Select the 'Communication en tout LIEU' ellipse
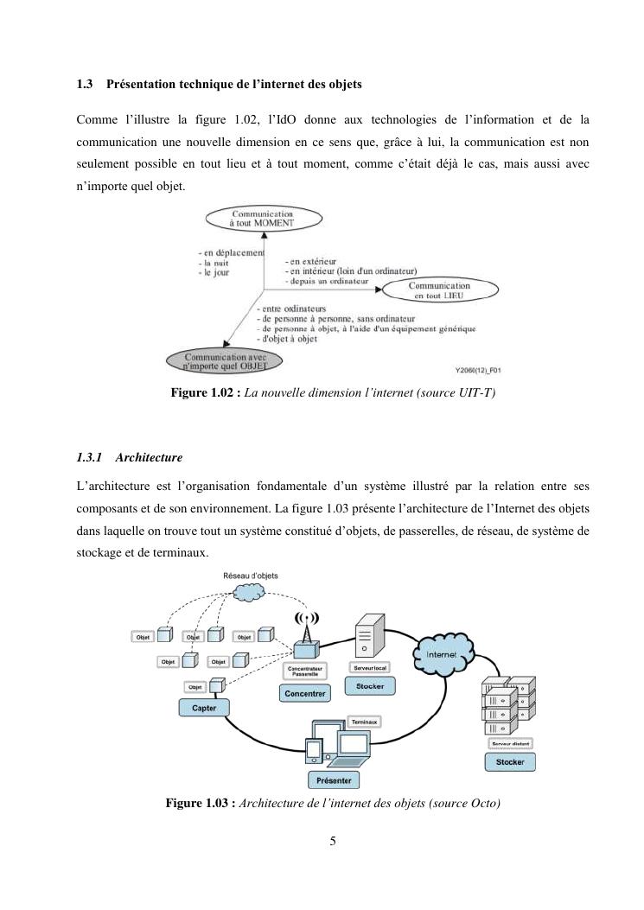pyautogui.click(x=439, y=290)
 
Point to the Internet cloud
pyautogui.click(x=442, y=654)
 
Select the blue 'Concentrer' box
pyautogui.click(x=304, y=693)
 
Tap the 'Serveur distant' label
pyautogui.click(x=510, y=743)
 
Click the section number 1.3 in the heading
pyautogui.click(x=85, y=85)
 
